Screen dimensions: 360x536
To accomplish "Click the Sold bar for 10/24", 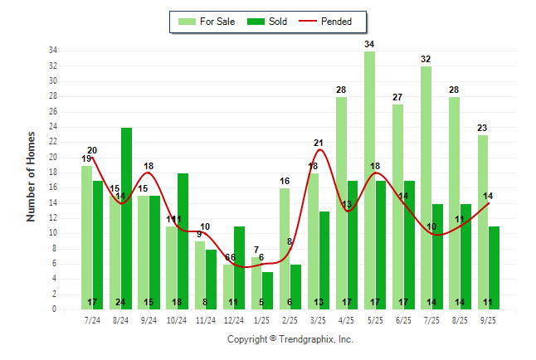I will coord(183,241).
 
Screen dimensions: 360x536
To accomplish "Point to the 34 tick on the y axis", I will coord(52,51).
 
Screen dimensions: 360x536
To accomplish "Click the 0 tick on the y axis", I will coord(54,309).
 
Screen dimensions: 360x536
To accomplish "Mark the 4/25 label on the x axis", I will coord(347,319).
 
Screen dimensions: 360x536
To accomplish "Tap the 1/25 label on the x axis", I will coord(262,319).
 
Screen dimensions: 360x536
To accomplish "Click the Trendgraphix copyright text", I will coord(290,339).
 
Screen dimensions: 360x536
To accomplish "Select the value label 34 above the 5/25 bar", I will coord(369,44).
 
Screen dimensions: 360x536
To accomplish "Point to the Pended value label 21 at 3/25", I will coord(319,144).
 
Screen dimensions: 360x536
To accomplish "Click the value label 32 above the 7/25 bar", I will coord(426,59).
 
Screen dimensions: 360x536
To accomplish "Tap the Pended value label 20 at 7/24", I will coord(92,150).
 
